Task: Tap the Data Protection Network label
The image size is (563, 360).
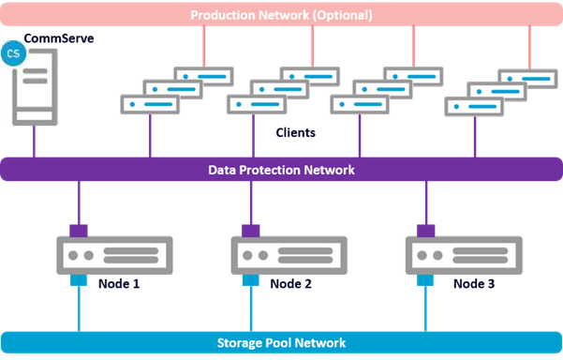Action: pyautogui.click(x=281, y=170)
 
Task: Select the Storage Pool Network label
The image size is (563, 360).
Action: pyautogui.click(x=281, y=343)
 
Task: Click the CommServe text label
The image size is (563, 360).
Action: pyautogui.click(x=58, y=39)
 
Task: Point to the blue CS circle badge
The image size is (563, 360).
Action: pyautogui.click(x=13, y=54)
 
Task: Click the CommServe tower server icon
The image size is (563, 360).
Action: pyautogui.click(x=36, y=90)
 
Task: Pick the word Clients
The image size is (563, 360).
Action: pyautogui.click(x=295, y=133)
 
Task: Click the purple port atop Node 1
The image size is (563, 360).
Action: pyautogui.click(x=79, y=231)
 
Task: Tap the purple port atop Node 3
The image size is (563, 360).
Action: pyautogui.click(x=427, y=231)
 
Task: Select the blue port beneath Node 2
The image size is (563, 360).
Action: pyautogui.click(x=251, y=279)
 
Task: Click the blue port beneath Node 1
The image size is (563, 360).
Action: pyautogui.click(x=79, y=279)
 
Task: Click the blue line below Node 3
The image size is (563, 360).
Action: pyautogui.click(x=427, y=309)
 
